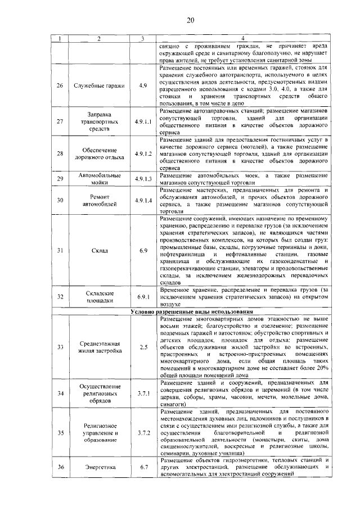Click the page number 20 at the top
pyautogui.click(x=191, y=21)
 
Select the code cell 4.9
pyautogui.click(x=143, y=85)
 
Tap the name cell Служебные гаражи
pyautogui.click(x=98, y=85)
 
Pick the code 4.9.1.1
pyautogui.click(x=143, y=121)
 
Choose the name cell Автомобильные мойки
pyautogui.click(x=98, y=179)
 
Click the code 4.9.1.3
pyautogui.click(x=143, y=179)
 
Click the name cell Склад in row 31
pyautogui.click(x=98, y=250)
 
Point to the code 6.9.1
pyautogui.click(x=143, y=296)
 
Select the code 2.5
pyautogui.click(x=143, y=347)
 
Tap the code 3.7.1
pyautogui.click(x=143, y=393)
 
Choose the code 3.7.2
pyautogui.click(x=143, y=432)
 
